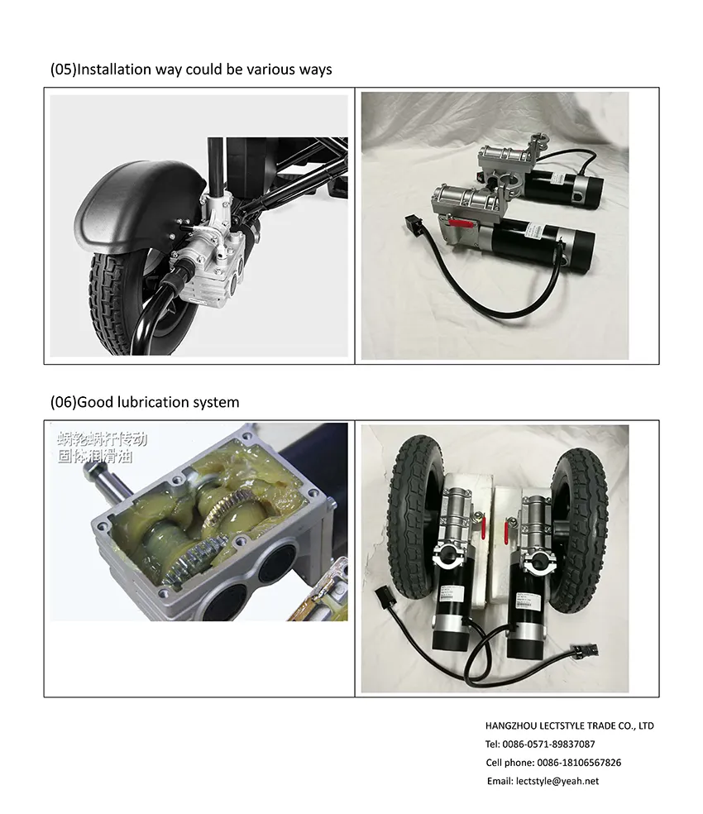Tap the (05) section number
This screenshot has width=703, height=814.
(x=63, y=69)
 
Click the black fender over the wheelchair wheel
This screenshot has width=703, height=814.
(x=123, y=199)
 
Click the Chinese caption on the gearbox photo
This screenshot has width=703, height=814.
(x=102, y=447)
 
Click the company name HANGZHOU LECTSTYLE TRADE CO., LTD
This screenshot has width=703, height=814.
(x=569, y=725)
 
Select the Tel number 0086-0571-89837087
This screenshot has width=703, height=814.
(x=548, y=745)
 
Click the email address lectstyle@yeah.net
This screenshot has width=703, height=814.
(x=557, y=781)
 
